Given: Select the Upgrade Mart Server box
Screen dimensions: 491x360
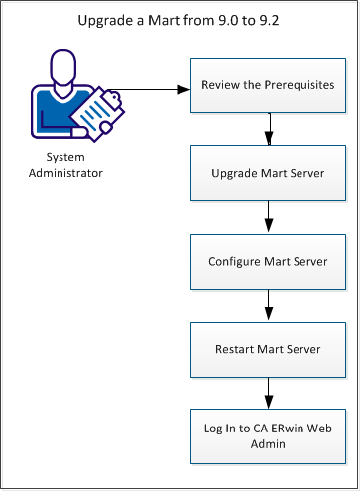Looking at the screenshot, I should (x=268, y=174).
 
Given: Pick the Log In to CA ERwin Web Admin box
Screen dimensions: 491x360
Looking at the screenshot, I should (x=268, y=435).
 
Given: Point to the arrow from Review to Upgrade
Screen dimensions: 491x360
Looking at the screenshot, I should (x=268, y=130).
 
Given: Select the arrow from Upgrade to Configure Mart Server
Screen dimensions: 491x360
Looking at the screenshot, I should (x=268, y=217).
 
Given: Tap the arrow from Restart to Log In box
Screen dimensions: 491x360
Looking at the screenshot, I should (x=268, y=392).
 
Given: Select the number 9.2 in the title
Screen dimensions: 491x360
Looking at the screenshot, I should (x=270, y=19).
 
